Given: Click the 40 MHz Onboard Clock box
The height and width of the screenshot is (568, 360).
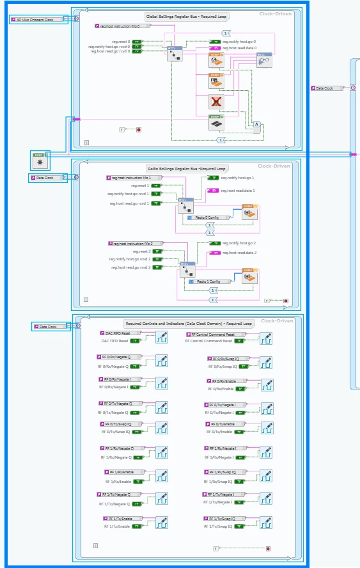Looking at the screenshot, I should (x=40, y=20).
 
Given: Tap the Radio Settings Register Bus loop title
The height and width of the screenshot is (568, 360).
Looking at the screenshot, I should (x=187, y=169).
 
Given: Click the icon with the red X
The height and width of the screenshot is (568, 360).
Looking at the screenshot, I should (x=217, y=102).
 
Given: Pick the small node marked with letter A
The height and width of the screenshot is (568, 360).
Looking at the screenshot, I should (x=256, y=124).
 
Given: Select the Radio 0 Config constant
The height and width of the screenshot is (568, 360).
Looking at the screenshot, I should (x=207, y=217).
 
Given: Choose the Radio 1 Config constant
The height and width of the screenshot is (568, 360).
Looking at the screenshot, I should (x=208, y=281).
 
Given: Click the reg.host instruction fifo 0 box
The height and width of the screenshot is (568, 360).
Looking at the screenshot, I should (x=123, y=26).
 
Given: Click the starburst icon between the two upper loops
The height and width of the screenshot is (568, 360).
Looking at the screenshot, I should (x=40, y=160).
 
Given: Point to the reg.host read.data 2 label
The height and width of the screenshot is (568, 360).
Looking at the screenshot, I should (x=238, y=253).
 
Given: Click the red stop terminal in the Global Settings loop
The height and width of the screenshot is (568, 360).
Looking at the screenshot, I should (x=139, y=130).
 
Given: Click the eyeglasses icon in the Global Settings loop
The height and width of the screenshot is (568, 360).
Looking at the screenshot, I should (x=264, y=59).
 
